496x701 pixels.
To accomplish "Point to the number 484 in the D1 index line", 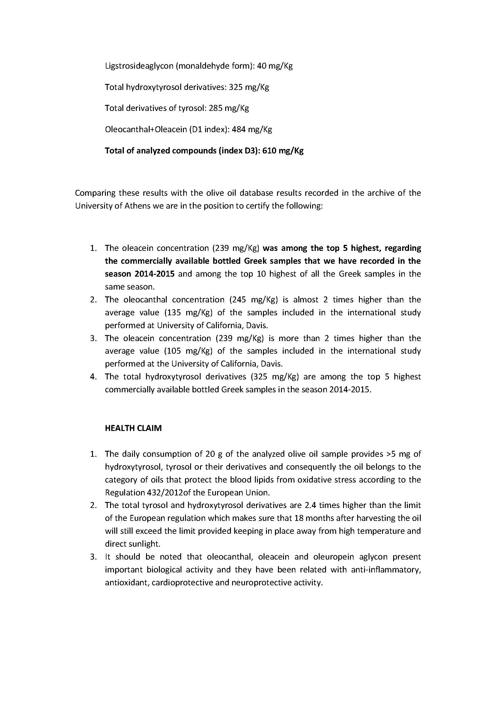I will tap(238, 129).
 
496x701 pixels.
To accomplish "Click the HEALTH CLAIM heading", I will tap(133, 428).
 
